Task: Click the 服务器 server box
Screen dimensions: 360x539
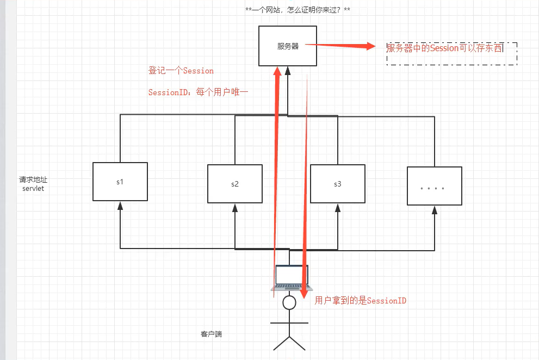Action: [288, 46]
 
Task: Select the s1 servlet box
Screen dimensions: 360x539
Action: [120, 182]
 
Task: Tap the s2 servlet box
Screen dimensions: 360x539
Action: [234, 184]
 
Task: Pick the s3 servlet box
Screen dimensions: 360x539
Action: [337, 184]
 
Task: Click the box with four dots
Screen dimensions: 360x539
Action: [434, 186]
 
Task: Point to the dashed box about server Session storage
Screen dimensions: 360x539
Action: [451, 53]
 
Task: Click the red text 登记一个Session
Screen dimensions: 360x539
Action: [181, 71]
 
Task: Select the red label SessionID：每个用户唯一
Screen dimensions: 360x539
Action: [198, 93]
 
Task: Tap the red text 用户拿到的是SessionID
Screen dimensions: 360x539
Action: [361, 301]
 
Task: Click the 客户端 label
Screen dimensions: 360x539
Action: [211, 334]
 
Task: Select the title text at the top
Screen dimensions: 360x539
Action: [298, 10]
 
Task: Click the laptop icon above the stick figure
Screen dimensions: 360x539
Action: [292, 277]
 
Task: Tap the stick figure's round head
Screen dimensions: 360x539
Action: [289, 302]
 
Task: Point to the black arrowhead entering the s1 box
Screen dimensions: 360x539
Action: [120, 206]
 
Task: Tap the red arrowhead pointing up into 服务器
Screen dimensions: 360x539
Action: [278, 72]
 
